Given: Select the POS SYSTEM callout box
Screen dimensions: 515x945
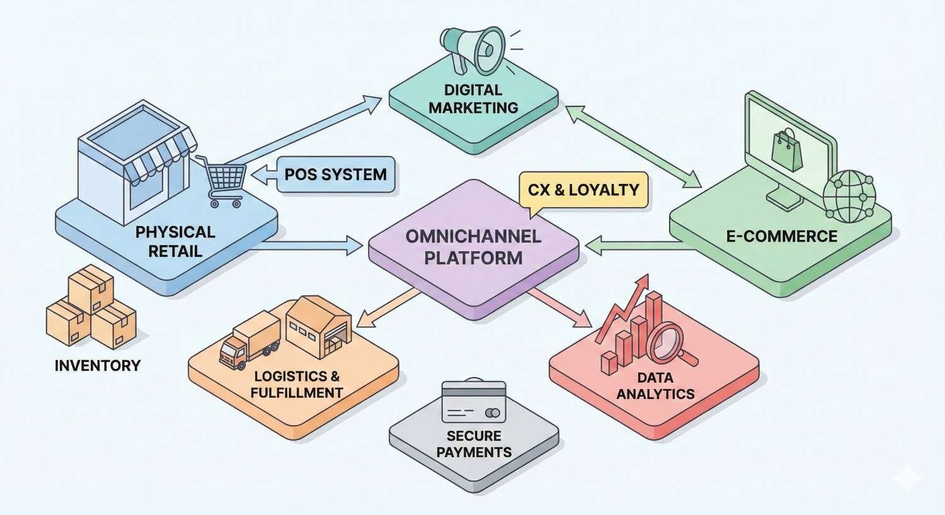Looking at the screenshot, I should point(335,174).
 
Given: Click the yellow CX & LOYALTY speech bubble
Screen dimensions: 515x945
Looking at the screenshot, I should point(583,190).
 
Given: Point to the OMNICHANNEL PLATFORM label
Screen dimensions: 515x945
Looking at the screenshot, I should point(473,247).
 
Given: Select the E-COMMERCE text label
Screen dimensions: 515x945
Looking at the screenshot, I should point(782,237).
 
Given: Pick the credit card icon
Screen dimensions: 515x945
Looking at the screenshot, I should point(474,402).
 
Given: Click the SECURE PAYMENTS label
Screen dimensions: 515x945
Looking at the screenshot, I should point(474,444).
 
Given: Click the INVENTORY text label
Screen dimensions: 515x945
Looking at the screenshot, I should point(98,365).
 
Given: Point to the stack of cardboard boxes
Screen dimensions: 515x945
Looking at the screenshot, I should point(91,308).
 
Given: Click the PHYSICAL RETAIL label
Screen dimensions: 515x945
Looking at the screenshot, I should point(175,241).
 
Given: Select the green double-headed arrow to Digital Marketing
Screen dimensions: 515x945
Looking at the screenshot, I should point(633,146).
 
